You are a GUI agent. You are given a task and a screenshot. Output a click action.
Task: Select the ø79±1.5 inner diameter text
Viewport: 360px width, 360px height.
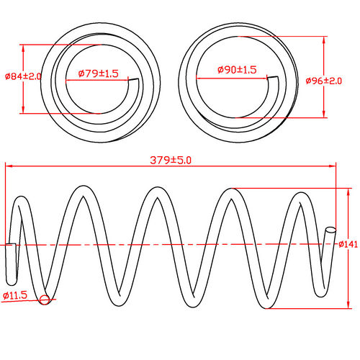pyautogui.click(x=97, y=73)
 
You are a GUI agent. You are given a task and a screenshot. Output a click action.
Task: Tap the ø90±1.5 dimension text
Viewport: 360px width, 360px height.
pyautogui.click(x=237, y=70)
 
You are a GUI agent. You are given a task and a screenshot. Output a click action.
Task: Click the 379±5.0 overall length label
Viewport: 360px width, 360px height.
pyautogui.click(x=171, y=160)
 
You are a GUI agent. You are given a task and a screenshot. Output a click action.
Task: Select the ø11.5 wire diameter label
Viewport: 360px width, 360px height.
pyautogui.click(x=15, y=295)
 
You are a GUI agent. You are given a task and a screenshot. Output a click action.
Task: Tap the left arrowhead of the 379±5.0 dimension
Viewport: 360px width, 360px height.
pyautogui.click(x=9, y=166)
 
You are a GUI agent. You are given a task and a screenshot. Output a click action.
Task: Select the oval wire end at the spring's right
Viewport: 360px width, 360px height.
pyautogui.click(x=330, y=231)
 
